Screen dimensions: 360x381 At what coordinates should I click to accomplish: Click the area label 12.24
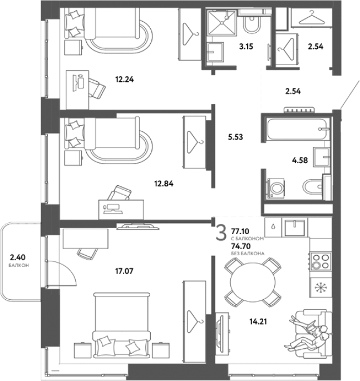pos(125,80)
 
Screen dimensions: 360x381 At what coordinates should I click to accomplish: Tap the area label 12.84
pos(164,184)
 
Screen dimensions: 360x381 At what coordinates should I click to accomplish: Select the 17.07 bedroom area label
pos(124,271)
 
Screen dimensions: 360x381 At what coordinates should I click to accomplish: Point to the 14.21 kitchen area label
pos(258,321)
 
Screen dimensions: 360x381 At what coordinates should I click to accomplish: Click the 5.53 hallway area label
pos(235,137)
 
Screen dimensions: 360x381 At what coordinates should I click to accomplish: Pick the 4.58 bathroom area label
pos(300,160)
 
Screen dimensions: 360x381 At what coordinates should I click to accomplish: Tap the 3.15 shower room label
pos(246,46)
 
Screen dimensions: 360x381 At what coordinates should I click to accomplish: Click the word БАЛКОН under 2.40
pos(19,265)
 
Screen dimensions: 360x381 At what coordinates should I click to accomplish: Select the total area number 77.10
pos(240,231)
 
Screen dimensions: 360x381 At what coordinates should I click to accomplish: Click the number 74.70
pos(241,246)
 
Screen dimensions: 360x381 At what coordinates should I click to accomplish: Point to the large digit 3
pos(221,232)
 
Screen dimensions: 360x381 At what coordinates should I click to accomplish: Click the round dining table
pos(253,282)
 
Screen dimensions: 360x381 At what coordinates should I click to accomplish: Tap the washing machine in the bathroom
pos(276,188)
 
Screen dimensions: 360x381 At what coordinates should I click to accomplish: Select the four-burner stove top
pos(320,261)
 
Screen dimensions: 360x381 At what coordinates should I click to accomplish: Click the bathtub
pos(298,129)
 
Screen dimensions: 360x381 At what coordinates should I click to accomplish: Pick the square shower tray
pos(221,23)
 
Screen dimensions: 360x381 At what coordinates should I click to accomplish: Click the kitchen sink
pos(294,227)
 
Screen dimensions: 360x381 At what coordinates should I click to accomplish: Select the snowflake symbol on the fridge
pos(320,288)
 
